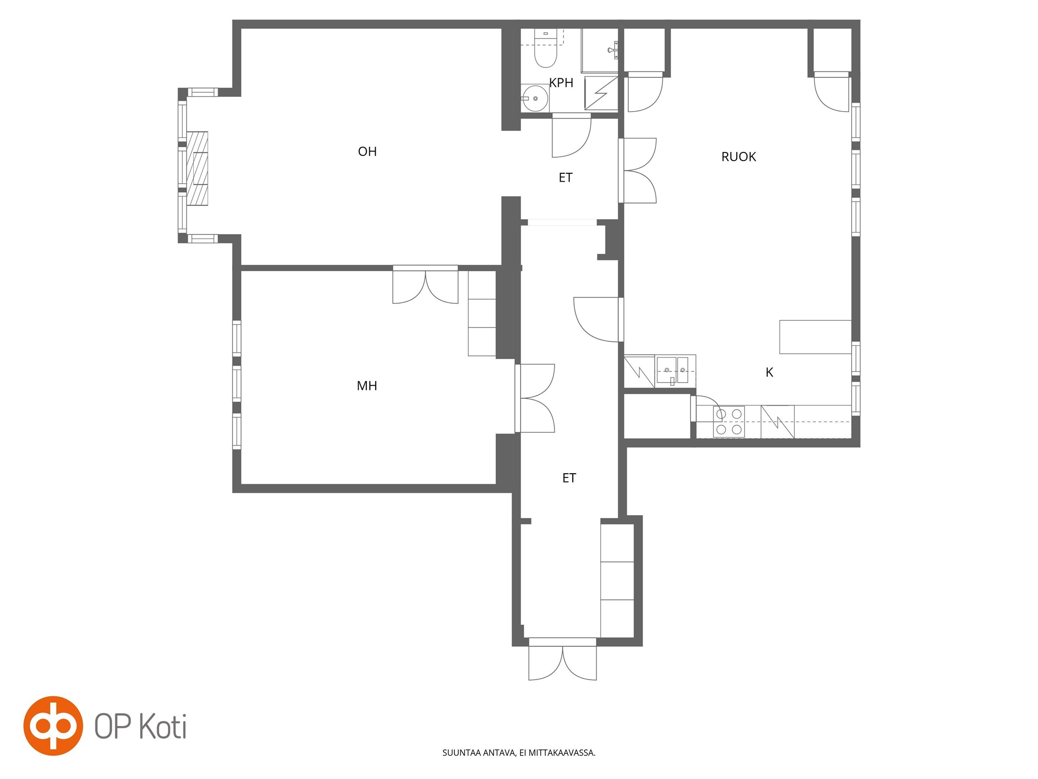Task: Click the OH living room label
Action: pyautogui.click(x=367, y=151)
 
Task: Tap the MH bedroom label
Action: pyautogui.click(x=367, y=386)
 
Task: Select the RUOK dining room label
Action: pyautogui.click(x=738, y=157)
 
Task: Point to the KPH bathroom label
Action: pyautogui.click(x=561, y=83)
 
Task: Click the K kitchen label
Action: pyautogui.click(x=769, y=372)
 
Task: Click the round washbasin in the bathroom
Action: pyautogui.click(x=534, y=98)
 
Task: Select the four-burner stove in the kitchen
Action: pyautogui.click(x=728, y=421)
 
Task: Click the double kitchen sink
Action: pyautogui.click(x=675, y=371)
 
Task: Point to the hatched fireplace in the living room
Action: pyautogui.click(x=198, y=168)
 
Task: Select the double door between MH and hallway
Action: pyautogui.click(x=535, y=398)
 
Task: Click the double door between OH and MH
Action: pyautogui.click(x=425, y=284)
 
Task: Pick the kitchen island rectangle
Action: pyautogui.click(x=815, y=337)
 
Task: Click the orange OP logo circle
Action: pyautogui.click(x=54, y=726)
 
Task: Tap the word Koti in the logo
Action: pyautogui.click(x=163, y=727)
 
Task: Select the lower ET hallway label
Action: pyautogui.click(x=569, y=478)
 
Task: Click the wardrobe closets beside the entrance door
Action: pyautogui.click(x=617, y=580)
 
